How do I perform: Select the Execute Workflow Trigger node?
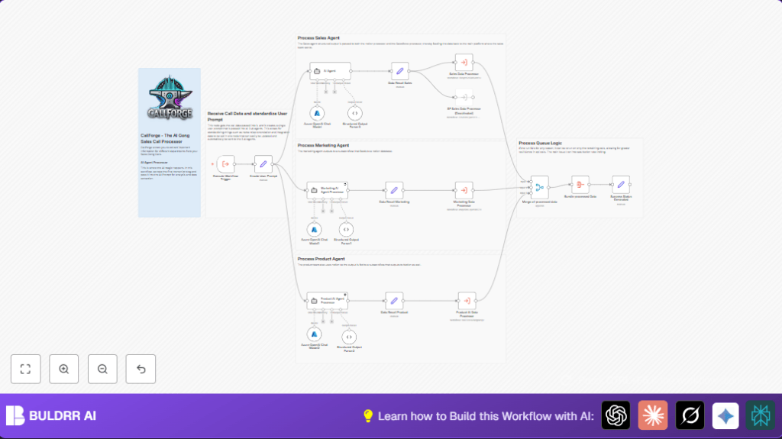225,164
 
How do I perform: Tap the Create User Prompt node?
263,164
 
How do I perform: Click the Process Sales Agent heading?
318,37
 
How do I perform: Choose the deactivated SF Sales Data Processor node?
464,97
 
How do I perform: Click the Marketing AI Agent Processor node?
328,191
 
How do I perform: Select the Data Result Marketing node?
394,191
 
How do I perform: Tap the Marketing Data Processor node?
464,191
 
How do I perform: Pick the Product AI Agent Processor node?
328,299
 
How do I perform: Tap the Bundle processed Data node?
580,184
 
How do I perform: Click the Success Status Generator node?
621,184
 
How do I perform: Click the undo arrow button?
141,369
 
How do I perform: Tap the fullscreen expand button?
25,369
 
